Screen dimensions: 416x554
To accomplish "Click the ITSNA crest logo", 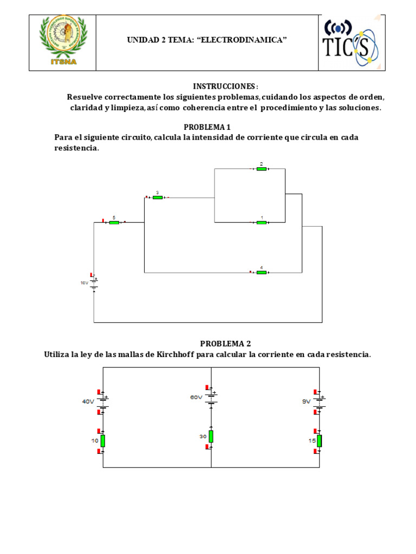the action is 62,42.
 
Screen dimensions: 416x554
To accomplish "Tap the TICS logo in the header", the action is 350,43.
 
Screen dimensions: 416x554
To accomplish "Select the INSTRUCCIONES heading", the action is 225,87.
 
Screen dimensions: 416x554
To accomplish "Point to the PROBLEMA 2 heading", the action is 225,344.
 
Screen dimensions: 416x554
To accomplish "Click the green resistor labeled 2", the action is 262,169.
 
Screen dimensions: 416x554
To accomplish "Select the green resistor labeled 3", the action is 158,197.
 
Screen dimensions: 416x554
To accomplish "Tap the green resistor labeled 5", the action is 114,222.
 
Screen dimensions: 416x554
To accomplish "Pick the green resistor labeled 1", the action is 262,222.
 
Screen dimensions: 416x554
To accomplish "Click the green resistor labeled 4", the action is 262,272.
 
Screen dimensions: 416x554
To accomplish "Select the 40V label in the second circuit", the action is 88,401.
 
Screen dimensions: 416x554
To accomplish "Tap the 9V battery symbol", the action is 319,401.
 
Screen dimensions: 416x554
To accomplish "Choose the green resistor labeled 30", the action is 211,436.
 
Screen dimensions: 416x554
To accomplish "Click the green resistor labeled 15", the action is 320,441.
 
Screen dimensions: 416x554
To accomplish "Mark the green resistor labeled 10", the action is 103,441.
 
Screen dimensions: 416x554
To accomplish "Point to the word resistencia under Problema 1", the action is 76,148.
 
